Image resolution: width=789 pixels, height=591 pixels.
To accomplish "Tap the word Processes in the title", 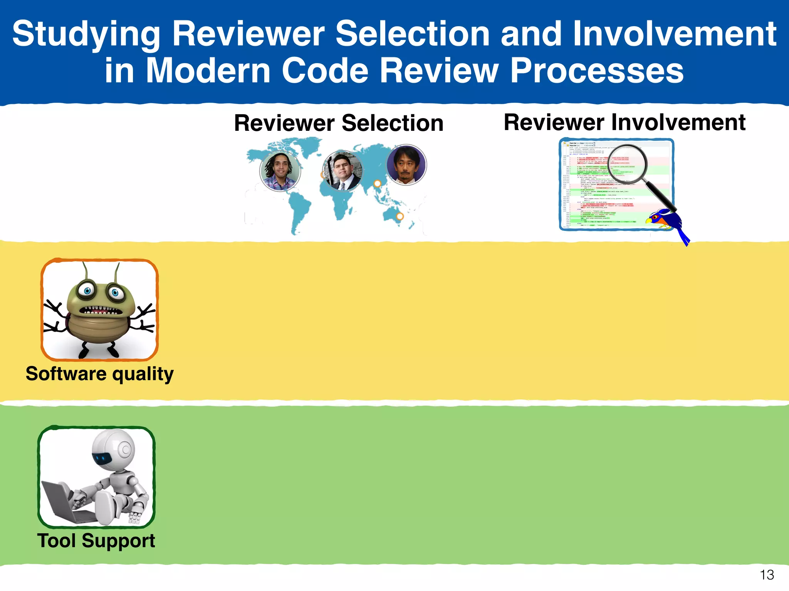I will pos(597,71).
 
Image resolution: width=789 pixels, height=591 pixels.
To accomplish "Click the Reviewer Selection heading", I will pos(339,123).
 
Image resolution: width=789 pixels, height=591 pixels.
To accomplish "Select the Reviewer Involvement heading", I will pos(624,122).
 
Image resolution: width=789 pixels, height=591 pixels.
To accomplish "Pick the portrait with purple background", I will pos(406,165).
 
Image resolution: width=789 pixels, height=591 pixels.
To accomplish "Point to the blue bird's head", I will pos(660,216).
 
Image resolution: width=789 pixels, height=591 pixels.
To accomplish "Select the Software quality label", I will pos(99,374).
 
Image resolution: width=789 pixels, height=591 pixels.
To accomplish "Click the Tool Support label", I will pos(96,541).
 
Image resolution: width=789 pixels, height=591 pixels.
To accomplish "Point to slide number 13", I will pos(767,575).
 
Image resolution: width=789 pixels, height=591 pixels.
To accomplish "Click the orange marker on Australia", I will pos(400,216).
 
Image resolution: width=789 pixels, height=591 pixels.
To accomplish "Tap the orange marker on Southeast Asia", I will pos(378,184).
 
